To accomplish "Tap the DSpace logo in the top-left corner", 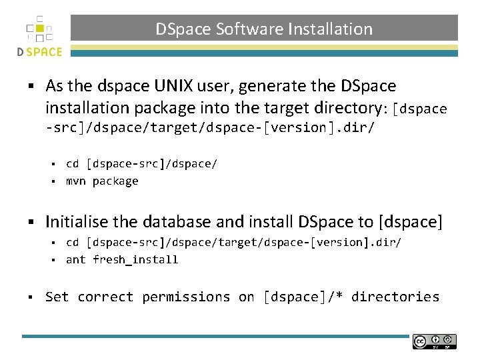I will click(39, 36).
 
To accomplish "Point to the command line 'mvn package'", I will click(102, 181).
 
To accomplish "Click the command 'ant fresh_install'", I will click(122, 260).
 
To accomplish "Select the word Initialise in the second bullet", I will click(75, 222).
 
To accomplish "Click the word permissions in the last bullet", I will click(187, 297).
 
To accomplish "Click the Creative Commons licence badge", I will click(434, 341).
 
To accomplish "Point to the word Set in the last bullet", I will click(57, 297).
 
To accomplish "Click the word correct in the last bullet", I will click(105, 297).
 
